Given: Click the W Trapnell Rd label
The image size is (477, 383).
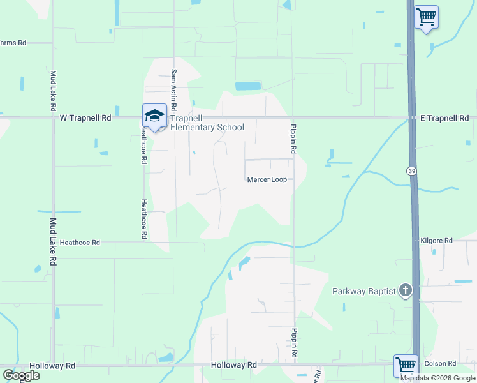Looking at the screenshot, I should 85,118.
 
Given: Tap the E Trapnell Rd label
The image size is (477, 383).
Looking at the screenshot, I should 444,118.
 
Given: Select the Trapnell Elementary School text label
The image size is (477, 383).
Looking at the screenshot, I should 207,123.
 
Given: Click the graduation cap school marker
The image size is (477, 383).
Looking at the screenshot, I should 154,116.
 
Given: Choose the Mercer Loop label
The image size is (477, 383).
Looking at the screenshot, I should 267,179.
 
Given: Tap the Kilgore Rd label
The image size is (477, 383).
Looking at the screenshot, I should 436,241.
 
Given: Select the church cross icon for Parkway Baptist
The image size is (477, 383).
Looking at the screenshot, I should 404,291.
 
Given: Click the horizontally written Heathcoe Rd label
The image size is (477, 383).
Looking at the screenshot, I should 80,243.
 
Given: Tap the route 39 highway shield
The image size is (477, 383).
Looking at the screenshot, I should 411,170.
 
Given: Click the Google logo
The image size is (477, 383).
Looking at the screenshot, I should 21,375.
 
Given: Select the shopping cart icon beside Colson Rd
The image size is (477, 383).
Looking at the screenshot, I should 406,365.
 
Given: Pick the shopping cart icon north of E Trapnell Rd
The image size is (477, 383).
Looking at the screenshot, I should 426,16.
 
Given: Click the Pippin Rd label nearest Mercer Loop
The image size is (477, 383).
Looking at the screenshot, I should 294,138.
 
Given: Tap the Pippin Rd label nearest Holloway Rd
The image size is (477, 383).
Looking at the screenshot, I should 295,343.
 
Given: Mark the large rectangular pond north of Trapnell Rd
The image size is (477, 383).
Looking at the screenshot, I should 248,86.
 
